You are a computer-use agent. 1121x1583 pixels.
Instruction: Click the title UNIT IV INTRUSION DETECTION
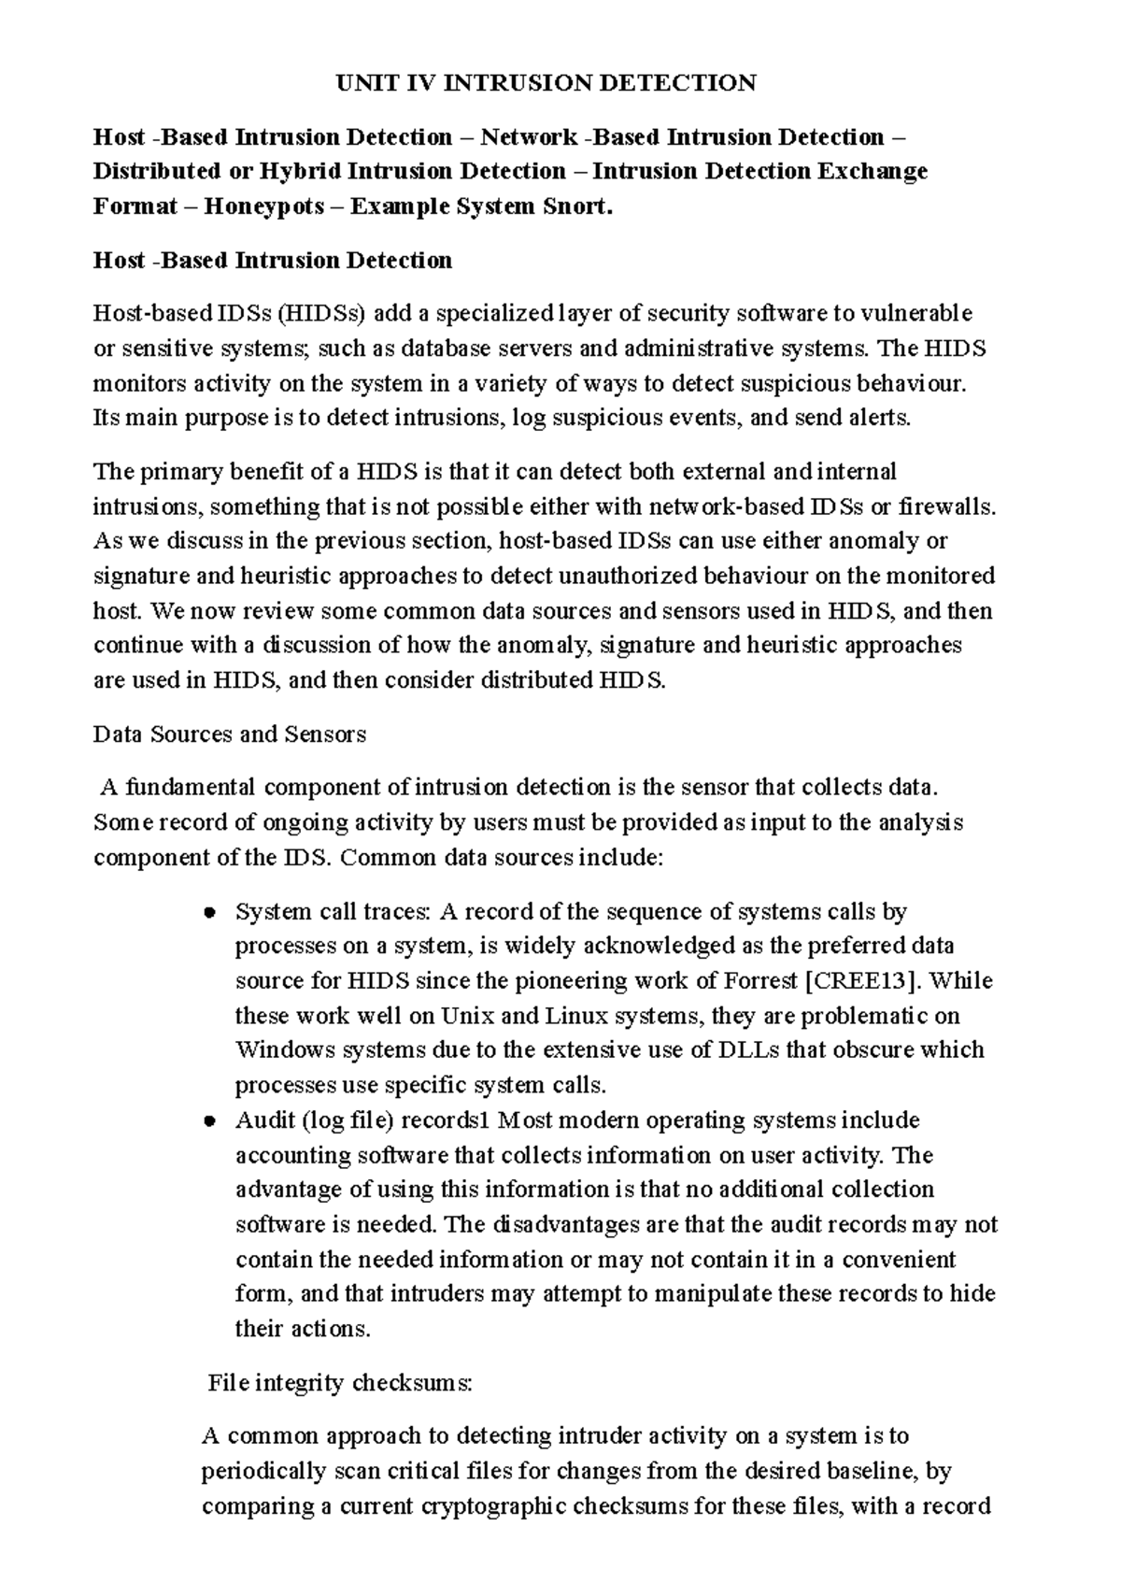point(546,84)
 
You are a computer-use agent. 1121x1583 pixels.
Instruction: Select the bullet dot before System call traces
point(210,912)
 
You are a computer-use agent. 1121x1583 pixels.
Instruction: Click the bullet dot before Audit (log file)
point(210,1121)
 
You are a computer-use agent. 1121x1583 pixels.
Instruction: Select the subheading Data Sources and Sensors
point(230,734)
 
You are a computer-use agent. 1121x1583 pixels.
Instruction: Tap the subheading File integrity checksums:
point(340,1383)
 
